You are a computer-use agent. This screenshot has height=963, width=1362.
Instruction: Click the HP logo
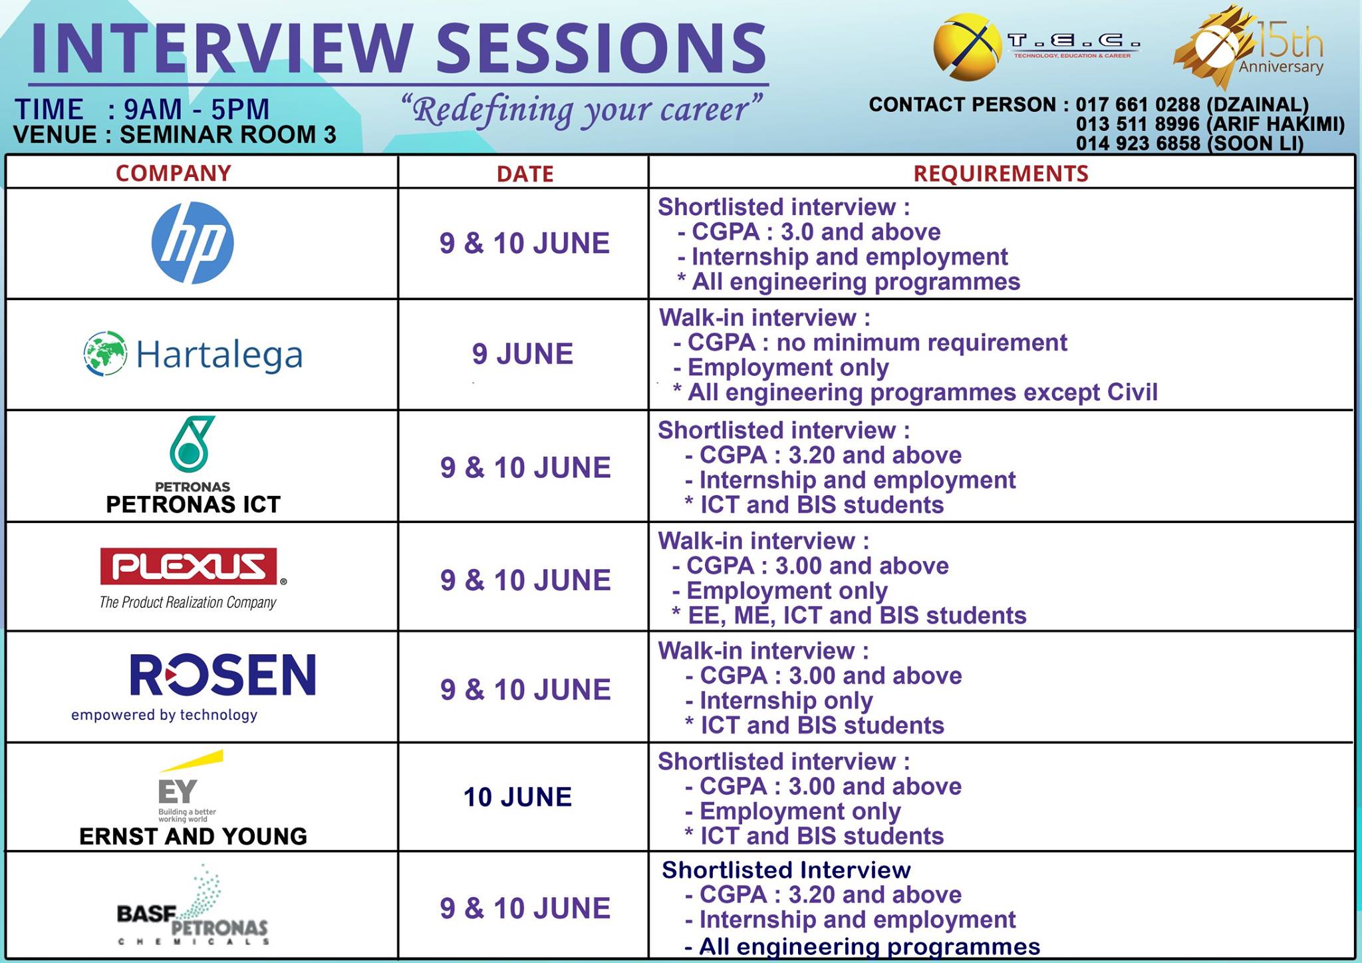(193, 243)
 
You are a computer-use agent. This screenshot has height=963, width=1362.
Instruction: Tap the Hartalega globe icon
(105, 353)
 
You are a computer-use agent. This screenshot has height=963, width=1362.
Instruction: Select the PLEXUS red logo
(189, 566)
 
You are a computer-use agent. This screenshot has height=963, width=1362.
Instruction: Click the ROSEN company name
(223, 675)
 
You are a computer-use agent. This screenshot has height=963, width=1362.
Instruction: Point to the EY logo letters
(178, 791)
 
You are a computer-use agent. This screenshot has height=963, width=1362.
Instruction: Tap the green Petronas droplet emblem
(192, 445)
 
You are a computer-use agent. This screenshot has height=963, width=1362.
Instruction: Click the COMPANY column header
(174, 173)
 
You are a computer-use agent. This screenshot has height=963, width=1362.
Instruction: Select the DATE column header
(525, 174)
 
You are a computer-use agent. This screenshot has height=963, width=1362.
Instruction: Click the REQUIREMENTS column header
(1000, 174)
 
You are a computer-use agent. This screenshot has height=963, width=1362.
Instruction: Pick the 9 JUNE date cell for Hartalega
(523, 353)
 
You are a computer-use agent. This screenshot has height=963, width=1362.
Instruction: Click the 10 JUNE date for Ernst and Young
(517, 797)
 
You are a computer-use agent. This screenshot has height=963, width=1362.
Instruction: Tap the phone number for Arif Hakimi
(1137, 124)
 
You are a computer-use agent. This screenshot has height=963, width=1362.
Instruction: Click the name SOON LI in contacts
(1256, 144)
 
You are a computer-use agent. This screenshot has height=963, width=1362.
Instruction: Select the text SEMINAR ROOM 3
(228, 135)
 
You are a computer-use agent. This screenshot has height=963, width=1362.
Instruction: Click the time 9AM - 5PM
(197, 109)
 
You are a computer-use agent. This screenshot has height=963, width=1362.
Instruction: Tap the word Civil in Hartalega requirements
(1133, 392)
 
